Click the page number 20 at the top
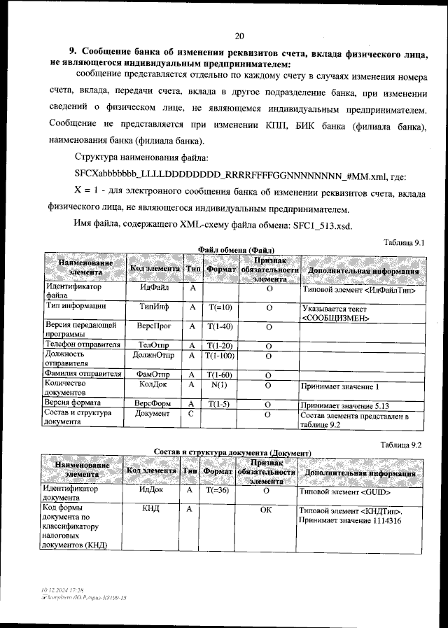point(239,36)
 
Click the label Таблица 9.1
point(405,242)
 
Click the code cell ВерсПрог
point(155,326)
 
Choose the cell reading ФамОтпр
point(155,375)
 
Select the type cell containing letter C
point(191,414)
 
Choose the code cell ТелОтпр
point(155,345)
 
